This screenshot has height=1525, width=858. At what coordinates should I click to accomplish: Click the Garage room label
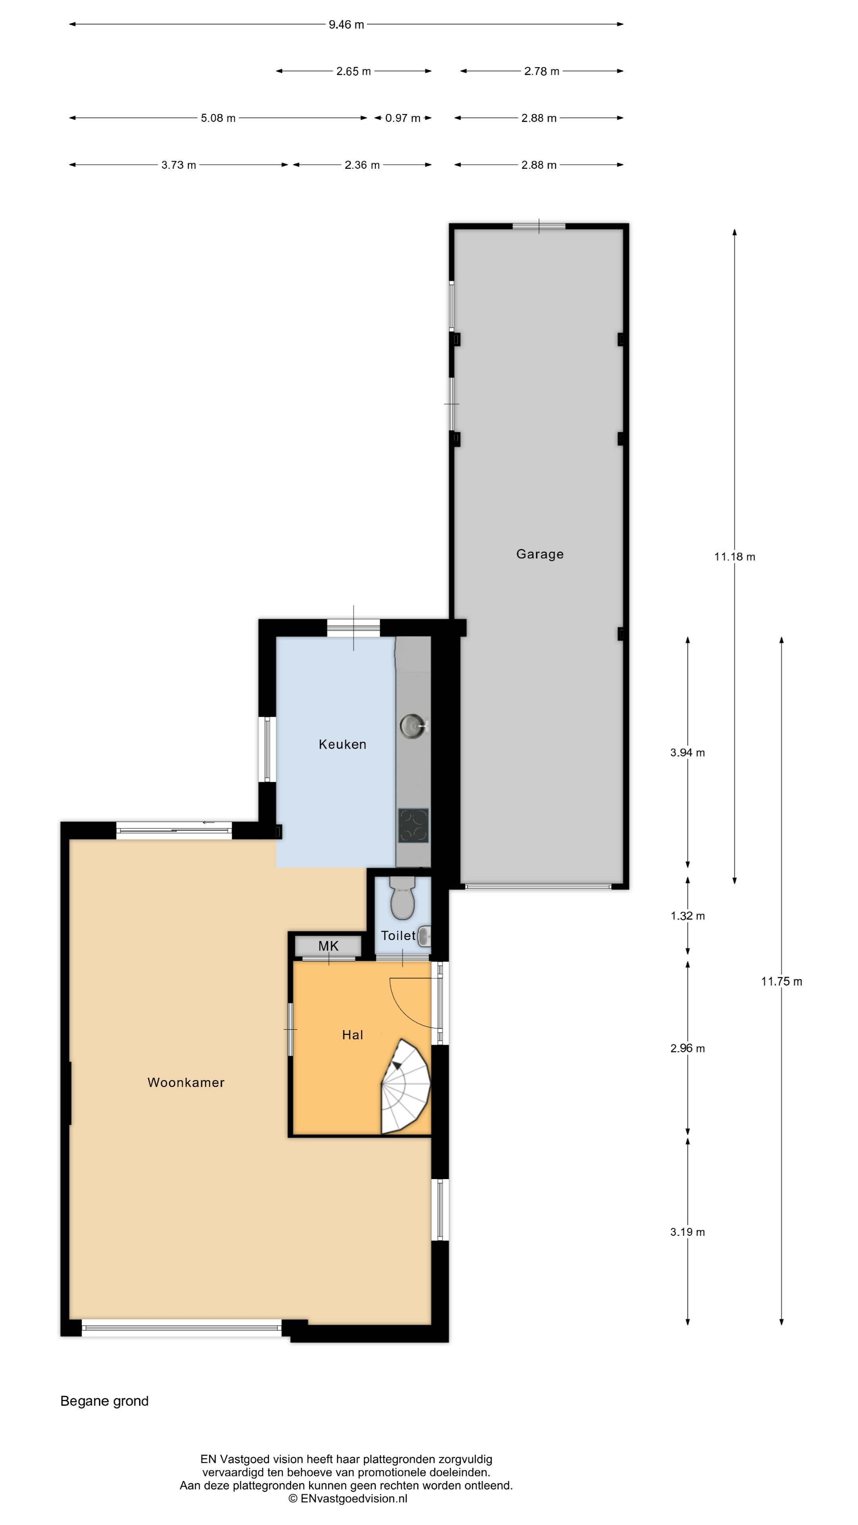coord(539,554)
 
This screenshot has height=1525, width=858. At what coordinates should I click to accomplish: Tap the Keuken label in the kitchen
coord(342,744)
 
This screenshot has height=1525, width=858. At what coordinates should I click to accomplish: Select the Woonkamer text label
coord(186,1082)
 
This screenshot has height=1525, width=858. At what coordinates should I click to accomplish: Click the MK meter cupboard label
coord(328,946)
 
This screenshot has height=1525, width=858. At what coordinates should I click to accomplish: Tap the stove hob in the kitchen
coord(413,825)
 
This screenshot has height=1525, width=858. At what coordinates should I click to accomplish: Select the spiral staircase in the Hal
coord(405,1087)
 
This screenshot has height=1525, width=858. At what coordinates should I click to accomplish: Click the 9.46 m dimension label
coord(346,24)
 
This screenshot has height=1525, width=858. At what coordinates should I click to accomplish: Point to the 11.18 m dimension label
coord(734,556)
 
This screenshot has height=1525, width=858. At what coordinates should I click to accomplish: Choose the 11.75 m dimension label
coord(781,982)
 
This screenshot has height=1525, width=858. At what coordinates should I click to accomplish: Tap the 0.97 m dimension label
coord(403,118)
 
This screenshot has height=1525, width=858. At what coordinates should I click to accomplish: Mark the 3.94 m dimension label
coord(688,753)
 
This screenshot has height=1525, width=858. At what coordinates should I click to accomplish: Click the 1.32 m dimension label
coord(688,916)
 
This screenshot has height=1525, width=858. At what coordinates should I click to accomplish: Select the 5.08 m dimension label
coord(218,118)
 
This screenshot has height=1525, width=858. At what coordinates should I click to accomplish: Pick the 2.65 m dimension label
coord(354,71)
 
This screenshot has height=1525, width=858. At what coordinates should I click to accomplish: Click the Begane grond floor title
coord(104,1401)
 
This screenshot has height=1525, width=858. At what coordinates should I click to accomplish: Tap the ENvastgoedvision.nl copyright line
coord(348,1498)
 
